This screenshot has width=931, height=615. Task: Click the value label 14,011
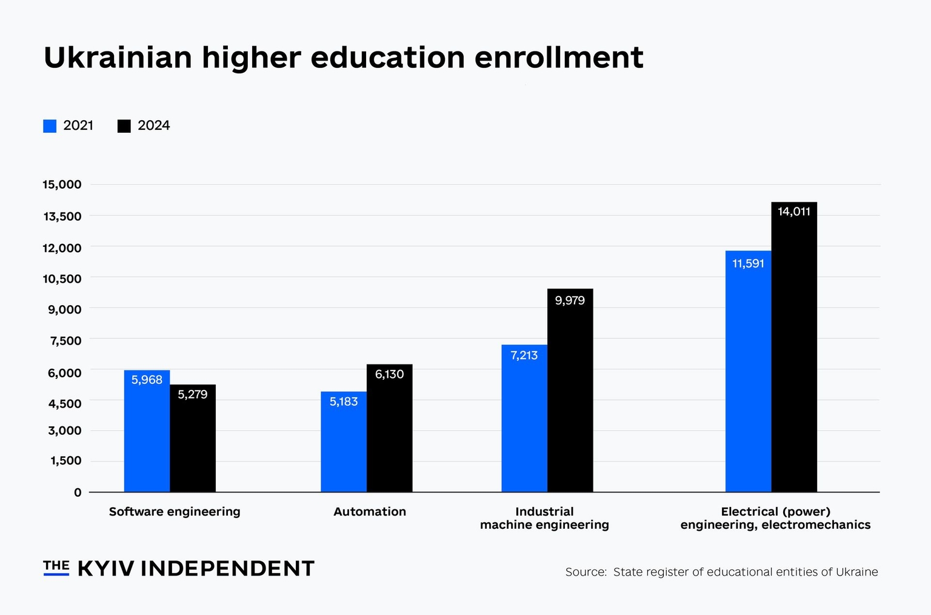794,212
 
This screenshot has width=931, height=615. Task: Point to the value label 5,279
193,395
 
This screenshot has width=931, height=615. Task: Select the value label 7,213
524,355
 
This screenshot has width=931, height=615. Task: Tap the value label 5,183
344,402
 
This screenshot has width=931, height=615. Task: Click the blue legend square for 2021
50,126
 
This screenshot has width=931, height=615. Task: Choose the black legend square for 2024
124,126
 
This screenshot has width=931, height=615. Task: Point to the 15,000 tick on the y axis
62,184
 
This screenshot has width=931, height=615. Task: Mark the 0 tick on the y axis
78,492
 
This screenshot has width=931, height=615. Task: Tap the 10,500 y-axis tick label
62,278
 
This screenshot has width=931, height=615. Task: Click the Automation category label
370,511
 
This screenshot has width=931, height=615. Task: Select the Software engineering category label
175,511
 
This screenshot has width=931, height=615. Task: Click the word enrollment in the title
558,58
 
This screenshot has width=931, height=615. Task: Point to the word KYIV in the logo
106,568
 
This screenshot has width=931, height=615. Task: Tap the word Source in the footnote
586,572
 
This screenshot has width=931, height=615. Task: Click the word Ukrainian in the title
118,58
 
